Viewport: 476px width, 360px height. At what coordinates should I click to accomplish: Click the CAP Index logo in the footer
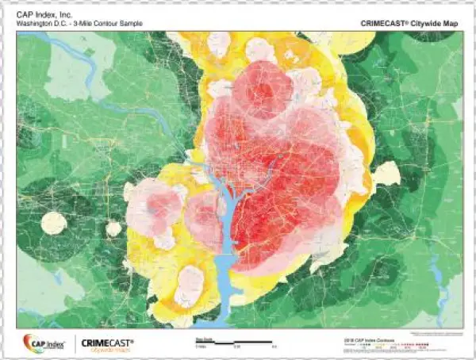point(44,343)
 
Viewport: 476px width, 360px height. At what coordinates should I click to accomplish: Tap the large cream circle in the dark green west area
point(54,223)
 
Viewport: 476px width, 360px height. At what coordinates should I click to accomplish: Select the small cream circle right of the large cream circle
point(113,228)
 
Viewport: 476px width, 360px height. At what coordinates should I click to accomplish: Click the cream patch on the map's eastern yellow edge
point(386,174)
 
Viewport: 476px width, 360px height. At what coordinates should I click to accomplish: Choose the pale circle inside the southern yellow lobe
point(190,281)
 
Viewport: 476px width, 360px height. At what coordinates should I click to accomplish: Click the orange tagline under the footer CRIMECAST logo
point(107,350)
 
